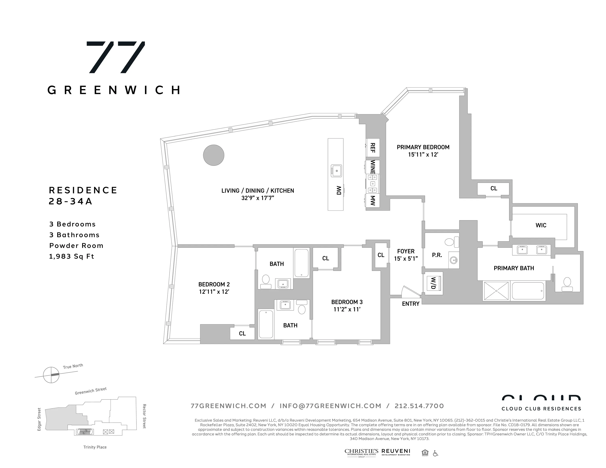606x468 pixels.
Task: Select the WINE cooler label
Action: coord(373,167)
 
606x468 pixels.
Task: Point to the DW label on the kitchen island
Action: coord(338,190)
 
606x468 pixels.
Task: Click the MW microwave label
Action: coord(373,201)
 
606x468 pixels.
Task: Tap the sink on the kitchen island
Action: coord(336,171)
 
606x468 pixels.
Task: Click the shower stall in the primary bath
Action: coord(496,291)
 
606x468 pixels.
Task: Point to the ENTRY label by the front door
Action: coord(410,304)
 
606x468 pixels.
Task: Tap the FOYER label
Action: coord(406,251)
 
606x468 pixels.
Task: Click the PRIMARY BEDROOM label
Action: coord(423,147)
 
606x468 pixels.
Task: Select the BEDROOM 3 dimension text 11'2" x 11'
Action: coord(347,309)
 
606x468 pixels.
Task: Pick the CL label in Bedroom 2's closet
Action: coord(242,333)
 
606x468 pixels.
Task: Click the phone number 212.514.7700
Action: coord(419,406)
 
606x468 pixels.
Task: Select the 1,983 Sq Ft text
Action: coord(72,256)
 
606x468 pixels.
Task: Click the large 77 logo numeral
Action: coord(116,57)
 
